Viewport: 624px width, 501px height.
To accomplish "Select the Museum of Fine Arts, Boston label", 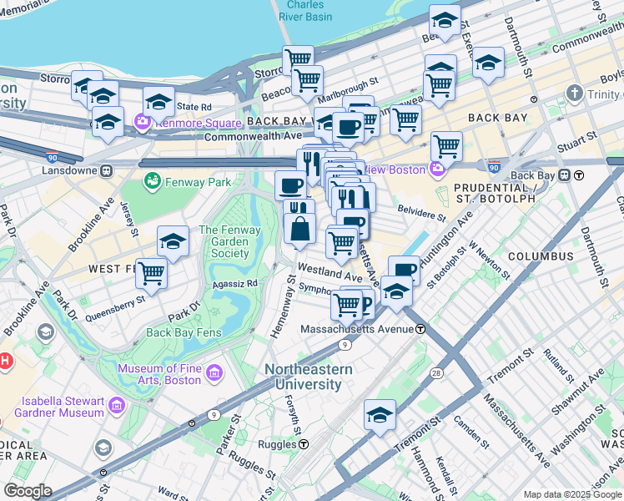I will (159, 374).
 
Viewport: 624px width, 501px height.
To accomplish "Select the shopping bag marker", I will (299, 227).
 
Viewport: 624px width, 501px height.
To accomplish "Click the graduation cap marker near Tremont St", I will (380, 415).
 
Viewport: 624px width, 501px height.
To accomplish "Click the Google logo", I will (28, 491).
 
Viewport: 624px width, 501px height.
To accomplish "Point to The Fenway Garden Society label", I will (224, 241).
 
